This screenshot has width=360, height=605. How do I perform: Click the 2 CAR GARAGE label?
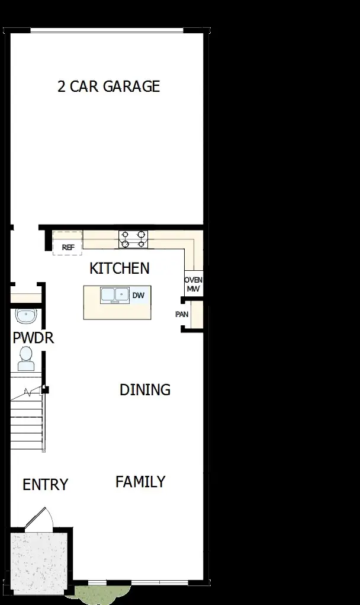point(108,87)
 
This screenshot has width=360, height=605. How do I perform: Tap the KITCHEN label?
point(119,268)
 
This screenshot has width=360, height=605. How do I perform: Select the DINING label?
point(145,390)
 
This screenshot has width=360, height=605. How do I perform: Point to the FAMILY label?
point(140,482)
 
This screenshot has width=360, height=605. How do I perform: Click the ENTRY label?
point(46,485)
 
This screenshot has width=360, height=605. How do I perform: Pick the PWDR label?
point(33,338)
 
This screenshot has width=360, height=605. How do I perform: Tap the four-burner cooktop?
point(133,239)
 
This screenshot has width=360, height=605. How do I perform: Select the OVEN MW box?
point(193,284)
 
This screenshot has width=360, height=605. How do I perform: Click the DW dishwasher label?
point(138,295)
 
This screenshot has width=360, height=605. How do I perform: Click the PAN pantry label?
point(182,314)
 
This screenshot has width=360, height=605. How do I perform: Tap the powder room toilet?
point(25,357)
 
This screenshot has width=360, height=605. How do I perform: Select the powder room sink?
point(25,316)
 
